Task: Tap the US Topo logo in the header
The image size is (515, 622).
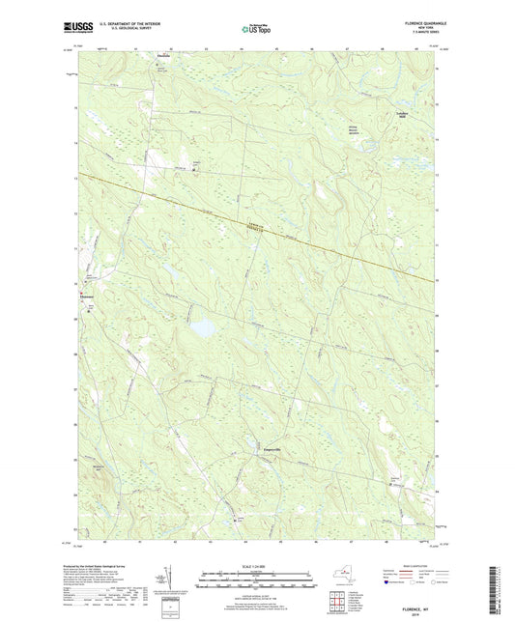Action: pyautogui.click(x=256, y=31)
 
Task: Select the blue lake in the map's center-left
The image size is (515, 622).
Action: pyautogui.click(x=201, y=329)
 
